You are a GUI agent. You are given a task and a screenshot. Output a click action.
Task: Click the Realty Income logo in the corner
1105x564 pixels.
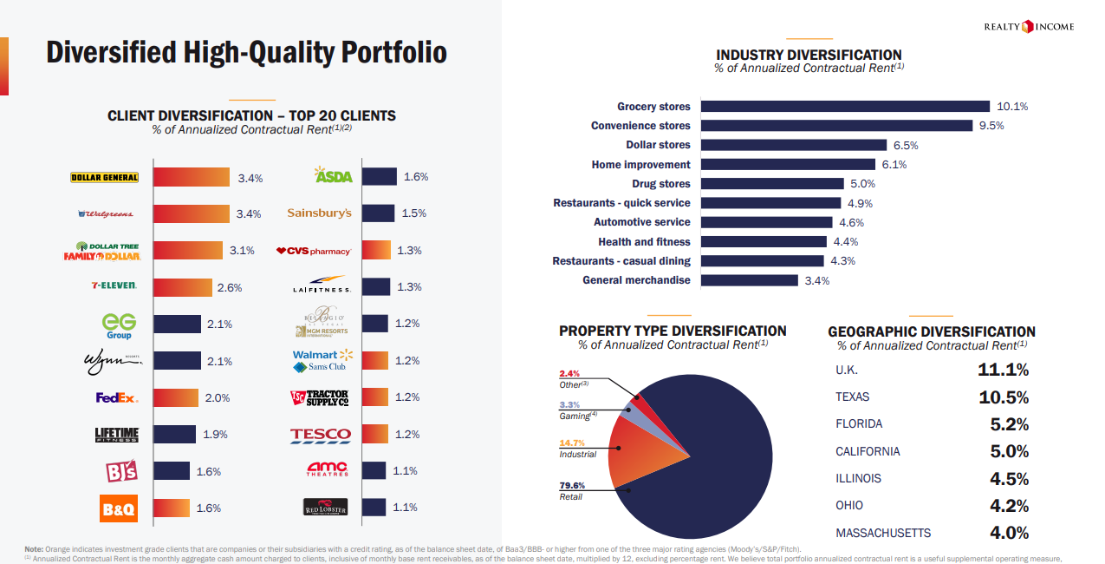click(1029, 27)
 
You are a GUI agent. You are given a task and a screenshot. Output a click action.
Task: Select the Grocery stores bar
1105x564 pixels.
click(845, 107)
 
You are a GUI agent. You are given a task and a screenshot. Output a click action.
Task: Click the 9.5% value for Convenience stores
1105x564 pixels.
click(991, 126)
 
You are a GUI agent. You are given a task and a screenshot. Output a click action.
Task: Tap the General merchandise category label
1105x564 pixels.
click(636, 280)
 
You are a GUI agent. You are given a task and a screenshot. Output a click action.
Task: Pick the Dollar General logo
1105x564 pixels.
click(104, 178)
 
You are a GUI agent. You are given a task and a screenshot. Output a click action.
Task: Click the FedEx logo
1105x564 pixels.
click(117, 397)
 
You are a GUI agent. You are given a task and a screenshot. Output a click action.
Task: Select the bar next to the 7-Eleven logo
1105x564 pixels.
click(183, 287)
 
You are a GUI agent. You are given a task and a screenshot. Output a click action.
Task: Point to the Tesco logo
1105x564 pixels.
click(321, 434)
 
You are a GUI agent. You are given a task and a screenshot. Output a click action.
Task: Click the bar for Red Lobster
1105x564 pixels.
click(374, 508)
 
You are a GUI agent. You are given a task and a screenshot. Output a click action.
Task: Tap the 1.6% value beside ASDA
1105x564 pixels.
click(416, 177)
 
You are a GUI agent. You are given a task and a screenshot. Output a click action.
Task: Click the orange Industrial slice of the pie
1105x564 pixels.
click(636, 455)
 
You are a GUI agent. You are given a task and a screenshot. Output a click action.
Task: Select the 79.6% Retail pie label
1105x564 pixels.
click(571, 485)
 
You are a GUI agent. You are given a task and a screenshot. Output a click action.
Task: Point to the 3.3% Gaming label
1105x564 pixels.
click(569, 405)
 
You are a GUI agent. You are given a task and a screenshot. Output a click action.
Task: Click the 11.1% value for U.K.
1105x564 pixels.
click(1003, 370)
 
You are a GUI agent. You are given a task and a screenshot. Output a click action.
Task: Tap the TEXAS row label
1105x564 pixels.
click(853, 397)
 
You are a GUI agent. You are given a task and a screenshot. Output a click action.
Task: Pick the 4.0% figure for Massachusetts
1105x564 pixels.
click(1009, 533)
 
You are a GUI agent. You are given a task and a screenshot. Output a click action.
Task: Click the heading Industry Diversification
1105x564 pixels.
click(809, 55)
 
